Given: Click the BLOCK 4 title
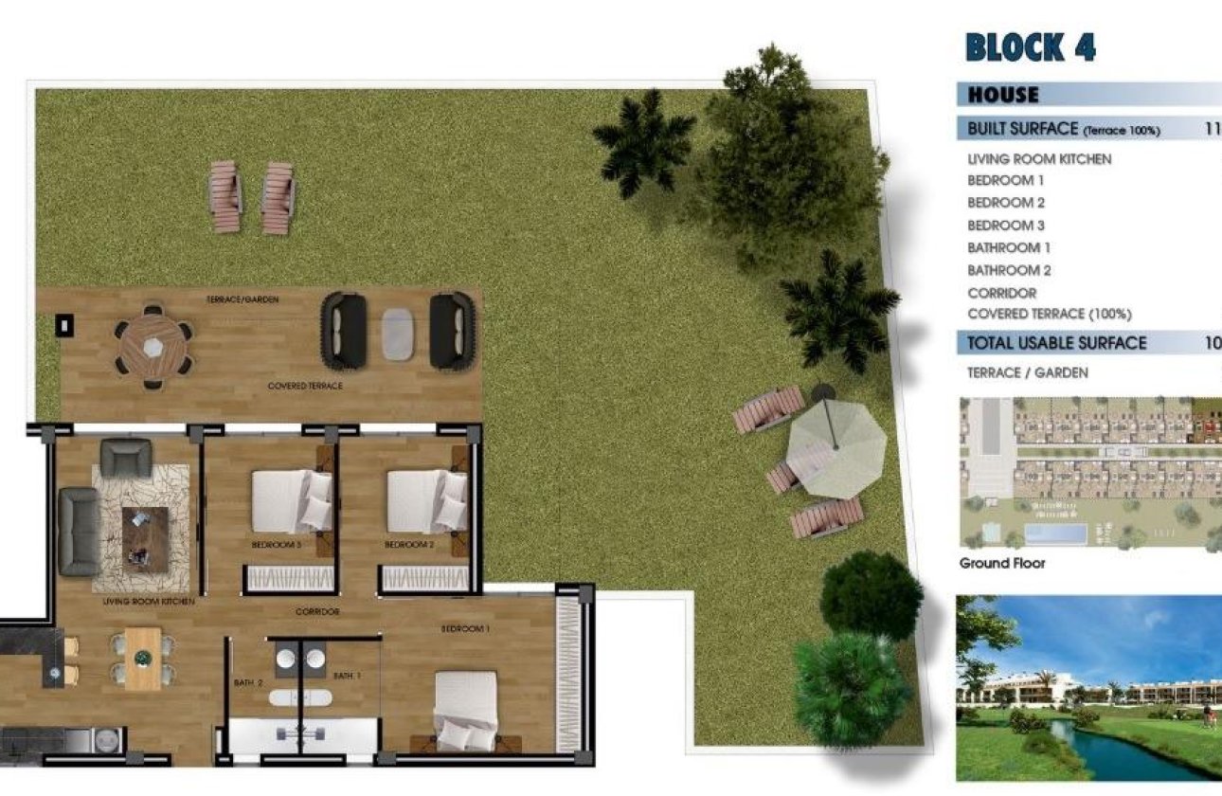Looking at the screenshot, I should [1030, 46].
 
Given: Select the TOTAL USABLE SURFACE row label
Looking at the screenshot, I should [1056, 343].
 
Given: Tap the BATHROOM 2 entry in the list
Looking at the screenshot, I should [1009, 270].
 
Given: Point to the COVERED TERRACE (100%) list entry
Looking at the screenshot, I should [1049, 314].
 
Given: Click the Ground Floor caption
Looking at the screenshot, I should [1002, 563].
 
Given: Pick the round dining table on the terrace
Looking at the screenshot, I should [153, 346].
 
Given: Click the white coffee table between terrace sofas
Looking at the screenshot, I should [398, 334].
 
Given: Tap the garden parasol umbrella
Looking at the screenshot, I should [836, 437].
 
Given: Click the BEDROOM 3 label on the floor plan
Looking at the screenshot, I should [276, 546].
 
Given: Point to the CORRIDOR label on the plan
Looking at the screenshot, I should [316, 612].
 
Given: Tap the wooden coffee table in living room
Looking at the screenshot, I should [145, 538].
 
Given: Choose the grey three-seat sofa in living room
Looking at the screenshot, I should [79, 531].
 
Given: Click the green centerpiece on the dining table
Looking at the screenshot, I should [143, 658].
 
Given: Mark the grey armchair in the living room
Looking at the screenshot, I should [125, 457].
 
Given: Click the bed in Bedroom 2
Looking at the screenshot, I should [426, 501].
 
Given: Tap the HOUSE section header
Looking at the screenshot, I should [1003, 95].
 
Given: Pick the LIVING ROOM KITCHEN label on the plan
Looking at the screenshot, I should [149, 602].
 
